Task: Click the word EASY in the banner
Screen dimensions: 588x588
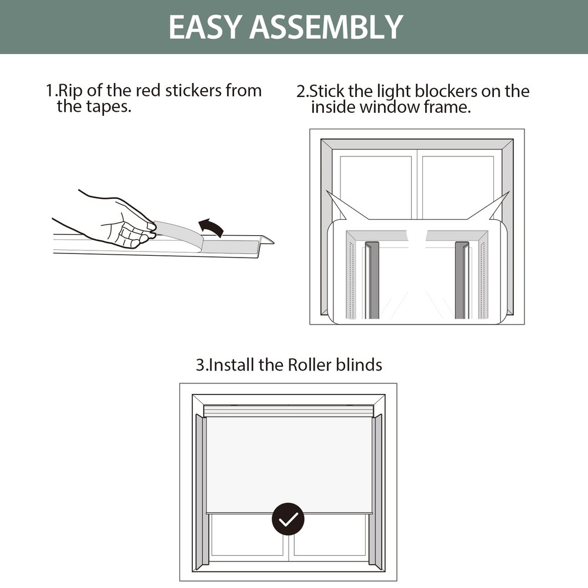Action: pyautogui.click(x=205, y=27)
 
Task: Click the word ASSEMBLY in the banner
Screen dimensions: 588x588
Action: pyautogui.click(x=326, y=27)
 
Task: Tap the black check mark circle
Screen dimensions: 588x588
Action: pyautogui.click(x=288, y=519)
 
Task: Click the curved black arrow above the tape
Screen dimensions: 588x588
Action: pyautogui.click(x=211, y=227)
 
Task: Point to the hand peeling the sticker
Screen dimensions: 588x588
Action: pyautogui.click(x=109, y=221)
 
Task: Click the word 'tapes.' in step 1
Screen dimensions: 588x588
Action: pyautogui.click(x=109, y=107)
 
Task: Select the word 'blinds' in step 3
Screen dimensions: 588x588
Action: pyautogui.click(x=359, y=365)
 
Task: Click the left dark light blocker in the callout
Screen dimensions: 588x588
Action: pyautogui.click(x=372, y=280)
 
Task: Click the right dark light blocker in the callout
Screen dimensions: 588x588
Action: pyautogui.click(x=462, y=280)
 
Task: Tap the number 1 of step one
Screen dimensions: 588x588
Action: pyautogui.click(x=49, y=91)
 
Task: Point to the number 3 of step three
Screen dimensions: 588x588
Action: pyautogui.click(x=201, y=365)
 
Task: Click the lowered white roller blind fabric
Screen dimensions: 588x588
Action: pyautogui.click(x=289, y=465)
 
